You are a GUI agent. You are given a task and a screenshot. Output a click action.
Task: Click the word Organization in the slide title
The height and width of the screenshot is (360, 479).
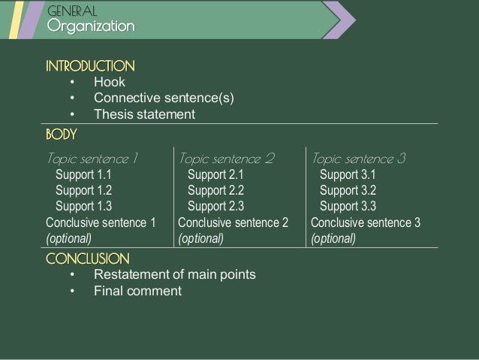[90, 27]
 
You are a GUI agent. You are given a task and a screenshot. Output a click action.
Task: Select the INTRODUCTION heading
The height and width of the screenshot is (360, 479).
[90, 65]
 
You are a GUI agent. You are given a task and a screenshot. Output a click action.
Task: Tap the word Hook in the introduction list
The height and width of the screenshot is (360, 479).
[110, 82]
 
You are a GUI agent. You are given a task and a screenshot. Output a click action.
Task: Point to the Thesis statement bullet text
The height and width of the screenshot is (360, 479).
[144, 114]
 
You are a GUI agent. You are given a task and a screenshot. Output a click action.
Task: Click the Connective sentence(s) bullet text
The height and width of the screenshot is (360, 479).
[164, 98]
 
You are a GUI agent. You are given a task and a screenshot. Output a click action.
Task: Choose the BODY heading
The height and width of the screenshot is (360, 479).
[61, 134]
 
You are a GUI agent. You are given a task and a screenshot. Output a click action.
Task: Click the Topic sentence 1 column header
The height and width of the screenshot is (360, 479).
[93, 159]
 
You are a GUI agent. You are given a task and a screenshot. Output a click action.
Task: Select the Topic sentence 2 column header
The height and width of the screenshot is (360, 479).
[227, 159]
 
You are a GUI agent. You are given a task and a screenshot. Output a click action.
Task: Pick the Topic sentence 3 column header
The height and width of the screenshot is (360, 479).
[359, 159]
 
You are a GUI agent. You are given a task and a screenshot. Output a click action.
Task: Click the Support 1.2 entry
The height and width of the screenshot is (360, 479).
[83, 190]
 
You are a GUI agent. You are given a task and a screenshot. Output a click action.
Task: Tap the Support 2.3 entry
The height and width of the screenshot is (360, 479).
[215, 206]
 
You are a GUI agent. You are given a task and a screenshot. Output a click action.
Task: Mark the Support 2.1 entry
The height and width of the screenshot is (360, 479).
[215, 175]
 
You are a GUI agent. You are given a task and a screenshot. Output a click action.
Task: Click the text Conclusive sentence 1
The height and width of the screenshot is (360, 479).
[101, 222]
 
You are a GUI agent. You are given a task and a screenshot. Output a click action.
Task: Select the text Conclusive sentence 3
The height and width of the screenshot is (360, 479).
[366, 222]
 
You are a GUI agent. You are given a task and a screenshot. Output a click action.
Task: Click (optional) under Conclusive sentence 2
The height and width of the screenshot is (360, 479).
[200, 239]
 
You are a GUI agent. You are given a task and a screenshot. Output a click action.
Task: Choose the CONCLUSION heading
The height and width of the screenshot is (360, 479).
[87, 259]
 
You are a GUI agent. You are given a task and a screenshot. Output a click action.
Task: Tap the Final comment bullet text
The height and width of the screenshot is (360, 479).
[137, 291]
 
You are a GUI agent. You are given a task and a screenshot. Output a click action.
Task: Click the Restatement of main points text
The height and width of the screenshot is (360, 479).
[174, 274]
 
